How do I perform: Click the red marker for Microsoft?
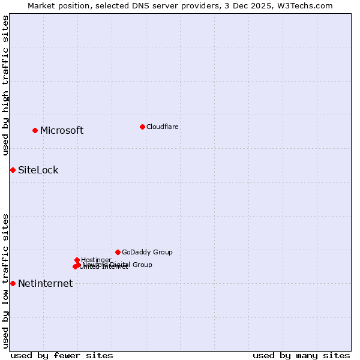tap(35, 130)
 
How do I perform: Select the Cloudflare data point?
tap(142, 127)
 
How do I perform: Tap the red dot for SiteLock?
tap(13, 170)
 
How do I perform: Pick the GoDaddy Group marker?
tap(118, 252)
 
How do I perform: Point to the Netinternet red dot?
tap(13, 283)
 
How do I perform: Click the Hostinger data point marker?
tap(77, 260)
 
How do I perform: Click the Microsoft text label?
tap(62, 131)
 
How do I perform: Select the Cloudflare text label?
tap(163, 127)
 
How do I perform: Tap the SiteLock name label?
tap(38, 170)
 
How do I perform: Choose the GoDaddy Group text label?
tap(147, 252)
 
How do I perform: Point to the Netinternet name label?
tap(46, 284)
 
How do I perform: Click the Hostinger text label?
tap(97, 260)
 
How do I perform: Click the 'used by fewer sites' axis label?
tap(62, 355)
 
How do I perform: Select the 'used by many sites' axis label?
tap(301, 355)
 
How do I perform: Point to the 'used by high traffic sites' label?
tap(5, 85)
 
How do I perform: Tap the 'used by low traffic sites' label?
tap(5, 280)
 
